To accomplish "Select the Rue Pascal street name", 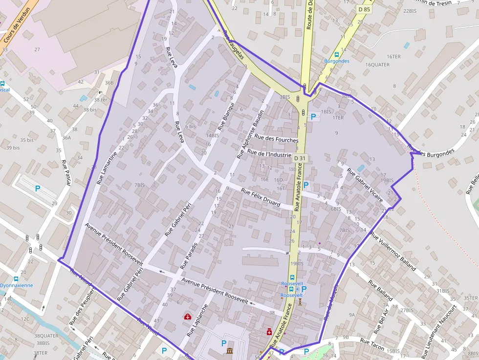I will pyautogui.click(x=66, y=172).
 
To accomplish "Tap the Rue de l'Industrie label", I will pyautogui.click(x=269, y=154).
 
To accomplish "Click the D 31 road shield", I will pyautogui.click(x=300, y=158).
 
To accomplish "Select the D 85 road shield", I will pyautogui.click(x=364, y=9).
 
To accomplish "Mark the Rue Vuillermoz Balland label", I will pyautogui.click(x=393, y=251).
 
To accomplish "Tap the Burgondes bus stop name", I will pyautogui.click(x=337, y=61).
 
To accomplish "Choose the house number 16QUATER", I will pyautogui.click(x=377, y=64).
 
